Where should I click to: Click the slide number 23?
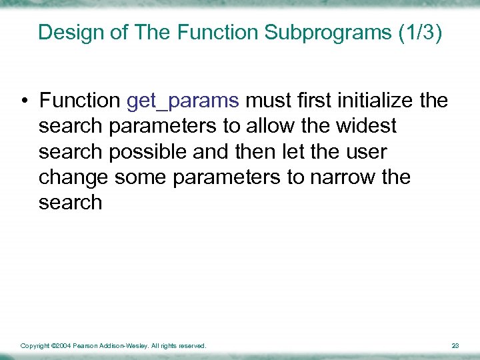pyautogui.click(x=455, y=346)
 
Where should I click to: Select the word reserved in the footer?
pyautogui.click(x=192, y=346)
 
